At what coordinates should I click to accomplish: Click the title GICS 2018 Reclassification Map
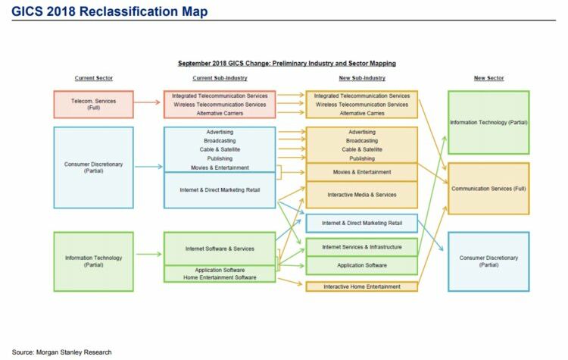tap(109, 11)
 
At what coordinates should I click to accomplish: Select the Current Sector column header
tap(94, 78)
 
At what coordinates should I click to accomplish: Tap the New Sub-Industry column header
tap(362, 78)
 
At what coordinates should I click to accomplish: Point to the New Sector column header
tap(488, 78)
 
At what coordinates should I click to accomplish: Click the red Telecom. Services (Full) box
tap(93, 105)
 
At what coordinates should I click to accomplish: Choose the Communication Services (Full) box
tap(488, 189)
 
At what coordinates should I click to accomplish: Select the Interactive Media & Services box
tap(362, 195)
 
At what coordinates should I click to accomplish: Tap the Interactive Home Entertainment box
tap(362, 286)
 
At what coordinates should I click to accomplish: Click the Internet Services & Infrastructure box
tap(362, 247)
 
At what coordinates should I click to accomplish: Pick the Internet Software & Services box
tap(220, 249)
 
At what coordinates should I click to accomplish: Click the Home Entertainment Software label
tap(220, 277)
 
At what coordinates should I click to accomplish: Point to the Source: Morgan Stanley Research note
tap(61, 352)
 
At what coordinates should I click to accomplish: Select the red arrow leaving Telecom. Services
tap(147, 102)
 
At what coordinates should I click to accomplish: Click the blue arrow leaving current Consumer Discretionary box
tap(148, 167)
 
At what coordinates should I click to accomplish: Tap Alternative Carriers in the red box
tap(220, 113)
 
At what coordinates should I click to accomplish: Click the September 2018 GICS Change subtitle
tap(286, 63)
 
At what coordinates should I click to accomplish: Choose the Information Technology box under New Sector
tap(488, 123)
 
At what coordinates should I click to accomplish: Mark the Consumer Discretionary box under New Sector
tap(488, 261)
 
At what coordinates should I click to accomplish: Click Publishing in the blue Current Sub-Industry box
tap(220, 158)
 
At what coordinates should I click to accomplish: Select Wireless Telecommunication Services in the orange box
tap(362, 105)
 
